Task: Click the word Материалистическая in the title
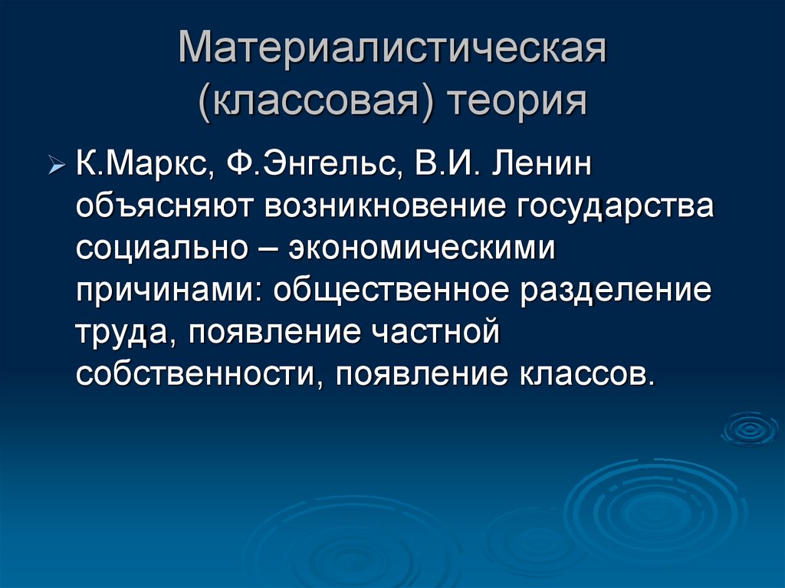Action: click(x=392, y=51)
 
